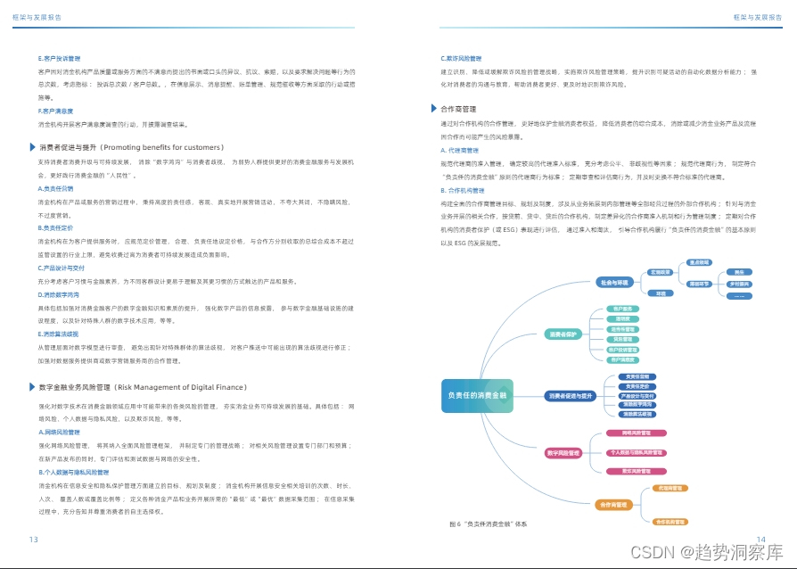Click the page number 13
pyautogui.click(x=34, y=539)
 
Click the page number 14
pyautogui.click(x=760, y=539)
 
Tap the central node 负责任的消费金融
pyautogui.click(x=477, y=395)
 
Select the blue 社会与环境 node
pyautogui.click(x=613, y=283)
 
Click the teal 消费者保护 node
pyautogui.click(x=564, y=335)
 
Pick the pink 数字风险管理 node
pyautogui.click(x=563, y=453)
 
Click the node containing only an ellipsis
pyautogui.click(x=737, y=295)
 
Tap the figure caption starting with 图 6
pyautogui.click(x=489, y=524)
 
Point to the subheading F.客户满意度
pyautogui.click(x=55, y=111)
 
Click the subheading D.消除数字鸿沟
pyautogui.click(x=60, y=293)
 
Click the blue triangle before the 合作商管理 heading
pyautogui.click(x=432, y=109)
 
